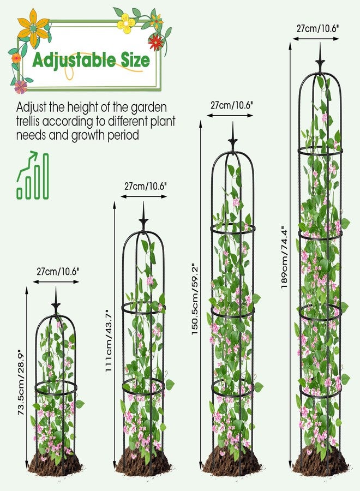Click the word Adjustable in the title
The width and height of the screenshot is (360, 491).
pos(74,61)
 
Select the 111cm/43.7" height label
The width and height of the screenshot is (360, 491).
pos(109,340)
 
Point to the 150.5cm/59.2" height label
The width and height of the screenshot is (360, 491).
pos(195,298)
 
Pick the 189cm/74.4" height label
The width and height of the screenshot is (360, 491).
pos(284,257)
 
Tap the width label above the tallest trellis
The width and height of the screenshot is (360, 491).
pos(318,28)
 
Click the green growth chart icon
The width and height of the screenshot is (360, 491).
pos(33,175)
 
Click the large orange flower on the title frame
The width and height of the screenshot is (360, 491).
pos(33,28)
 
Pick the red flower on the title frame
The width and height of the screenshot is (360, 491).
pos(156,41)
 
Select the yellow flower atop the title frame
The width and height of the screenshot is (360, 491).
pos(126,23)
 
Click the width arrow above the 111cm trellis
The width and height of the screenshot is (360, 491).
pos(143,196)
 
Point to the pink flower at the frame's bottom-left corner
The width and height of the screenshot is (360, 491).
pos(21,87)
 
